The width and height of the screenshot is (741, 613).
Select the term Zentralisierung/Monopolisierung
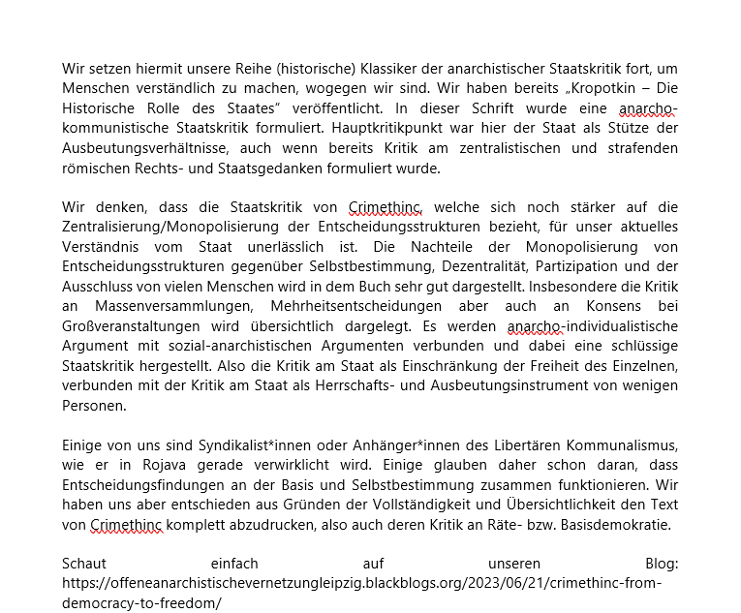(x=175, y=227)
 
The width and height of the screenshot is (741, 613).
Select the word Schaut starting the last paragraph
(x=84, y=565)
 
